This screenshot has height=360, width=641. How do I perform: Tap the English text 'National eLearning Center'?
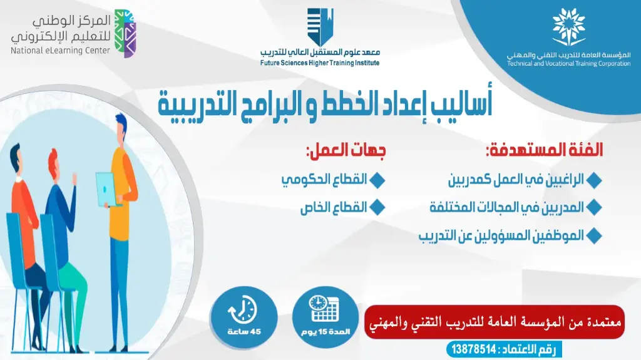point(60,51)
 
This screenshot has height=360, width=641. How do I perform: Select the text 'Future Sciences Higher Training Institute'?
point(320,63)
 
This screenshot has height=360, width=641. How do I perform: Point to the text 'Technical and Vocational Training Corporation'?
point(568,64)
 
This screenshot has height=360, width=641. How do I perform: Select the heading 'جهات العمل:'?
point(345,151)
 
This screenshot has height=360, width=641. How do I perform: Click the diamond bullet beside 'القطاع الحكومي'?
point(377,180)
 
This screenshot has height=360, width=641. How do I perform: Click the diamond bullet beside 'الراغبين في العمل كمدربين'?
point(595,180)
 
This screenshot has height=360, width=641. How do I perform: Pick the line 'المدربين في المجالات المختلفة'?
point(506,207)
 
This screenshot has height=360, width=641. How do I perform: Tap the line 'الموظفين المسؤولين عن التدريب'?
point(501,236)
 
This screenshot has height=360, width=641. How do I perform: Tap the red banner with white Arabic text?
point(494,322)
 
